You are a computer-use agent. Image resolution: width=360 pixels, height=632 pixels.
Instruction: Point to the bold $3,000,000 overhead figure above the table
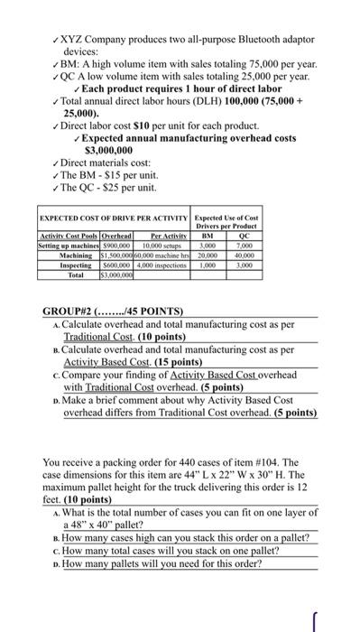109,150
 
